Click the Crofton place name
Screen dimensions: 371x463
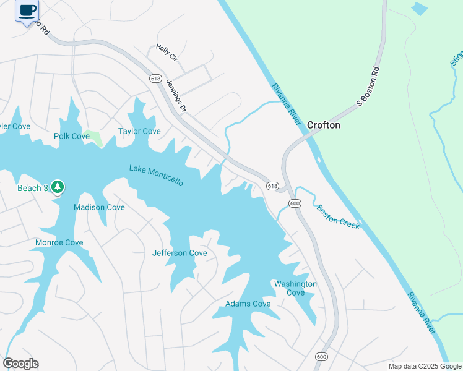click(324, 125)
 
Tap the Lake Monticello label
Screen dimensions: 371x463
click(156, 175)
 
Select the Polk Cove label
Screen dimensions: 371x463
click(72, 136)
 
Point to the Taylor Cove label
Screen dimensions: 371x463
click(139, 131)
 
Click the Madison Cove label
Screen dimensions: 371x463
click(99, 207)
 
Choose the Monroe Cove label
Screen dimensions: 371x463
click(59, 242)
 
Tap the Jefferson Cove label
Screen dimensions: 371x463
click(180, 253)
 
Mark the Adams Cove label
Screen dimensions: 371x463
click(248, 304)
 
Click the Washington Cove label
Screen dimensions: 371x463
click(295, 288)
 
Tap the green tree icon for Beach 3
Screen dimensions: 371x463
click(58, 186)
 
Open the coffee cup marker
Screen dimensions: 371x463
click(27, 11)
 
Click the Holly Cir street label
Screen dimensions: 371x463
click(167, 52)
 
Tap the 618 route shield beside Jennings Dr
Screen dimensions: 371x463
click(155, 79)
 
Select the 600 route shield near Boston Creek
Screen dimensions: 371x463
click(295, 203)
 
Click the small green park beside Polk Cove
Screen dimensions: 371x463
click(96, 139)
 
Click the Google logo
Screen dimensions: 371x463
click(20, 364)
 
